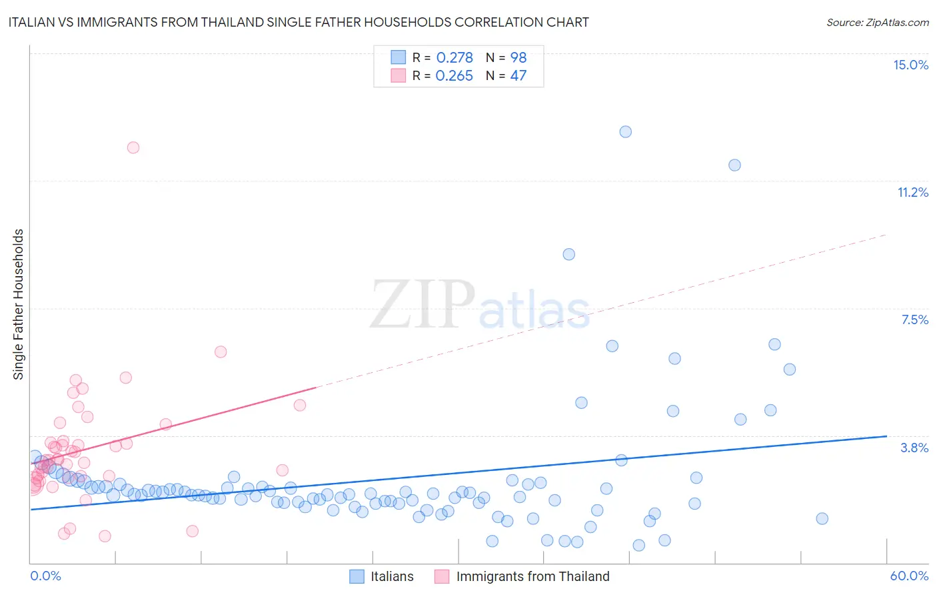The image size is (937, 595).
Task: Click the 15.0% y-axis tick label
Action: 910,65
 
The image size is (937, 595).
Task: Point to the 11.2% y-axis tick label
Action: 912,192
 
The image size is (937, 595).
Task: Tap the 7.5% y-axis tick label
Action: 914,320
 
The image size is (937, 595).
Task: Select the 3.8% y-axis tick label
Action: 914,448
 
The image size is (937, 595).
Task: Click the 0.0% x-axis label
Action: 45,576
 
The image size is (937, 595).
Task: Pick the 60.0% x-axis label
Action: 909,576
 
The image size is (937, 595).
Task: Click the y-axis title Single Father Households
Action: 19,304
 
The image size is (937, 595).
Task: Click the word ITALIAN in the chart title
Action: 33,22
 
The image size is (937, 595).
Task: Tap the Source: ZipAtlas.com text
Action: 877,22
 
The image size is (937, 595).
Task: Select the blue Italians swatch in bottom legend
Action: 357,576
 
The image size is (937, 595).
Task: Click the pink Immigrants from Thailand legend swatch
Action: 442,576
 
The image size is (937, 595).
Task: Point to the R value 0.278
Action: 455,57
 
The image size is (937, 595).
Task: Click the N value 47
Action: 518,75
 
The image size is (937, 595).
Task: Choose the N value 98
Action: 518,57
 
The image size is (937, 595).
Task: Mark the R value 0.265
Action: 454,75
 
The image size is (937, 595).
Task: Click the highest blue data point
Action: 625,131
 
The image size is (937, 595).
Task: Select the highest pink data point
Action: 133,147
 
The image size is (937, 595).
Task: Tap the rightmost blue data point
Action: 822,518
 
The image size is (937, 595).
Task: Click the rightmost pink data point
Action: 300,405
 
